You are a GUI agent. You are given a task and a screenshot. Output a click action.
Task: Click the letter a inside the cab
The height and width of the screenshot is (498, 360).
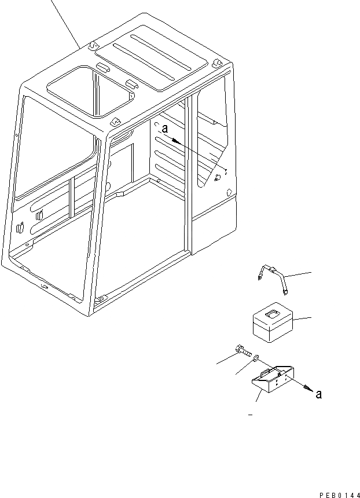coord(165,130)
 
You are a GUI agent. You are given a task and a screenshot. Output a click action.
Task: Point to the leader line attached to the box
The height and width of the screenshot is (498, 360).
coord(302,318)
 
